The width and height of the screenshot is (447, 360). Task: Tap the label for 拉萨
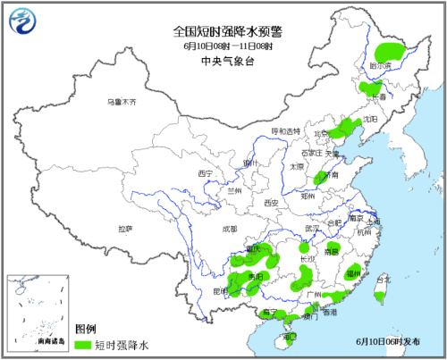tap(124, 229)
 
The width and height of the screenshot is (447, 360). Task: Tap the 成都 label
tap(231, 229)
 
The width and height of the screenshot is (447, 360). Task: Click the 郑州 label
tap(308, 192)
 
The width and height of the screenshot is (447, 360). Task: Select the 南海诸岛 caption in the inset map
tap(30, 342)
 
